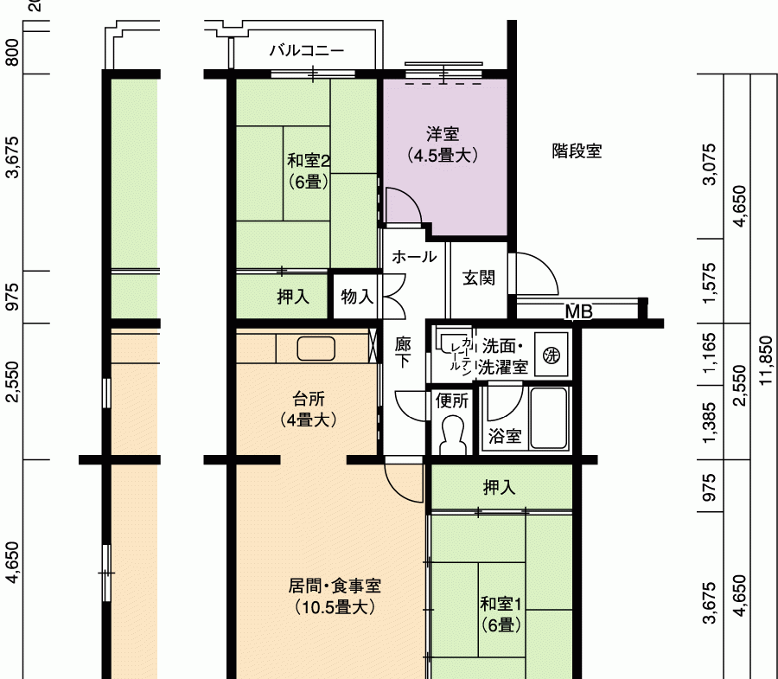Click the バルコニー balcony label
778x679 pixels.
[307, 51]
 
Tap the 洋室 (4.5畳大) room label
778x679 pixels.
[443, 144]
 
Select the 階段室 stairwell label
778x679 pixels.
[577, 151]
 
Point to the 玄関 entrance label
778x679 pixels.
[479, 278]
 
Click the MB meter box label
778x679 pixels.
[579, 311]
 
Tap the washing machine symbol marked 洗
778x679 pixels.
[551, 355]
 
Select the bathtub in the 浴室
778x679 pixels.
[549, 419]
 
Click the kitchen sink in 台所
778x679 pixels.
[316, 348]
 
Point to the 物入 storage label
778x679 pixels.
[357, 297]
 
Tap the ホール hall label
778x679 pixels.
[414, 257]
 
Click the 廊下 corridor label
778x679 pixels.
[403, 352]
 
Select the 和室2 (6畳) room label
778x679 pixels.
[309, 171]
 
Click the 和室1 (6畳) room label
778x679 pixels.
[501, 614]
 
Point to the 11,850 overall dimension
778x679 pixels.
[766, 361]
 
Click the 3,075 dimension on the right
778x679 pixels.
[710, 164]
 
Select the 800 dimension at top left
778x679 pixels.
[12, 53]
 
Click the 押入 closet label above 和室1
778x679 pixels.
[499, 488]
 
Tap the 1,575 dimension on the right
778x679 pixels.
[710, 284]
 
